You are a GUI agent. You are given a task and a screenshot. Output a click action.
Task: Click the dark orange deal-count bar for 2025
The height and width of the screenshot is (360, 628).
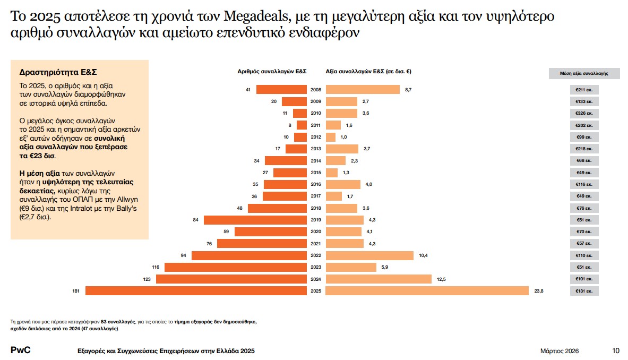click(196, 291)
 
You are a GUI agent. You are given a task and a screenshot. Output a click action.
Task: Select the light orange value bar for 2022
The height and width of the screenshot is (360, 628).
click(369, 256)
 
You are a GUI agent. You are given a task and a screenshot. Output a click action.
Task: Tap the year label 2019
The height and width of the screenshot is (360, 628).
click(316, 220)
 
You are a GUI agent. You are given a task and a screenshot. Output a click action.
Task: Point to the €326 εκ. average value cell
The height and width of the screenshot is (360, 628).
click(584, 113)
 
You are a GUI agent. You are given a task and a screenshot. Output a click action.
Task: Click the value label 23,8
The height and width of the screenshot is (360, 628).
click(538, 291)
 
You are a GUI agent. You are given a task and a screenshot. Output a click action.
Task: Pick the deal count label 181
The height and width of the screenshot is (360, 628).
click(76, 291)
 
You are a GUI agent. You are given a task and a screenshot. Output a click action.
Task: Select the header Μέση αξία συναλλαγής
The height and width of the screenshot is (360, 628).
click(584, 74)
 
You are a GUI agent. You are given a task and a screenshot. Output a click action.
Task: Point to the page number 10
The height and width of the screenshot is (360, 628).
click(615, 351)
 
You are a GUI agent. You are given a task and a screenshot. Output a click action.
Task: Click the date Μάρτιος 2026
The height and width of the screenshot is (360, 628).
click(559, 351)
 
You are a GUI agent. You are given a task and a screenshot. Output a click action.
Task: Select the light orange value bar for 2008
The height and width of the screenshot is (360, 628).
click(363, 90)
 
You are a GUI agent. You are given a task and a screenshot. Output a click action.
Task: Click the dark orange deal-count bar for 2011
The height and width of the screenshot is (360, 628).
click(302, 125)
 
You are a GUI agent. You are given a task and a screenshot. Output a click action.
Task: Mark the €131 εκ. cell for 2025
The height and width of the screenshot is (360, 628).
click(584, 291)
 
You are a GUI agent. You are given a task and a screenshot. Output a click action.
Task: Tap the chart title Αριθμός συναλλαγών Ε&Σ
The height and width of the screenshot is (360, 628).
click(272, 72)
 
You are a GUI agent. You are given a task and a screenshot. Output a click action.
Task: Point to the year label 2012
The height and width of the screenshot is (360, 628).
click(316, 137)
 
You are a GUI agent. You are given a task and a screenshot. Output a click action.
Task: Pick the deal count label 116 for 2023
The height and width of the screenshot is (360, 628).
click(155, 268)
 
